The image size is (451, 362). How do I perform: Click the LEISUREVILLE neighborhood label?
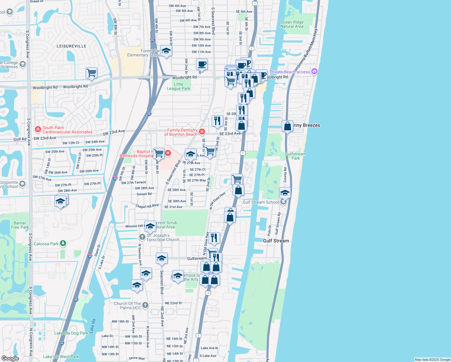[71, 46]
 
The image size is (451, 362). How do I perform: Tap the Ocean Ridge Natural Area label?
[292, 24]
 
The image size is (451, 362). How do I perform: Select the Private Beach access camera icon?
[314, 71]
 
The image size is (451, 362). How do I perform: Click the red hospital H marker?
[168, 153]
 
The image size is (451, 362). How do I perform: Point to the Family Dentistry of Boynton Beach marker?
[202, 132]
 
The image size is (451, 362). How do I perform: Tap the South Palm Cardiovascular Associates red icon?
[38, 129]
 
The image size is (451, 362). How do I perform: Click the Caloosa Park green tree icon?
[63, 243]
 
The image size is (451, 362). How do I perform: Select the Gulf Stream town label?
[276, 241]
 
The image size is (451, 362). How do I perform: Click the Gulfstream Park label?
[295, 156]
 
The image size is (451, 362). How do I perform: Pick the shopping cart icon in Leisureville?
[91, 73]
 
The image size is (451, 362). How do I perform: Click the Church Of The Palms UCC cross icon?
[145, 305]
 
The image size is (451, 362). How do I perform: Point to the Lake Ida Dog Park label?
[71, 333]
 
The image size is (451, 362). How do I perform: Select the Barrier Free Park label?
[20, 225]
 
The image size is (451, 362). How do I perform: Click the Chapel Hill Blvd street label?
[147, 206]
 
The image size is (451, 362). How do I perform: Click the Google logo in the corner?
[10, 358]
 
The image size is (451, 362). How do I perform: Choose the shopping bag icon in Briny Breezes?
[287, 125]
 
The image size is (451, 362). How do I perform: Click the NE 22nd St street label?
[173, 303]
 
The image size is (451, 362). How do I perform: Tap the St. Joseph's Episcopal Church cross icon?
[142, 237]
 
